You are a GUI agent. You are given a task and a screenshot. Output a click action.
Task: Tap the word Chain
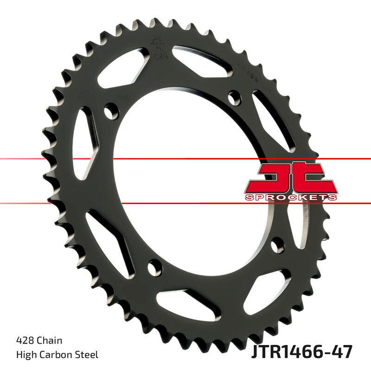coord(49,341)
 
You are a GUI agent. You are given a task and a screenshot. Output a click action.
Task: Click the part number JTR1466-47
coord(302,352)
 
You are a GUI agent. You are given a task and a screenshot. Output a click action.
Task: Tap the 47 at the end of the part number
coord(343,352)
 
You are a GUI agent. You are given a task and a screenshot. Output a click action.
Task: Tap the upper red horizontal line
coord(185,159)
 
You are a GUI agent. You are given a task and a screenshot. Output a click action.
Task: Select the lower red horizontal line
coord(185,203)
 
